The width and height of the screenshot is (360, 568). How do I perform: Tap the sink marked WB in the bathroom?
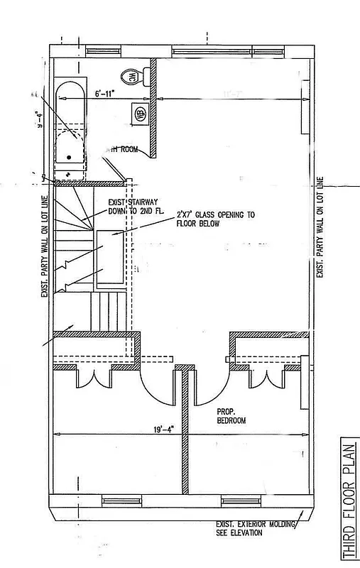141,113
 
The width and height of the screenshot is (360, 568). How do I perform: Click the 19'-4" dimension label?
159,428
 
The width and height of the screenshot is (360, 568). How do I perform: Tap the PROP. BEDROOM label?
231,416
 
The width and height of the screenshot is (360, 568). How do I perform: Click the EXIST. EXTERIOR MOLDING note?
254,528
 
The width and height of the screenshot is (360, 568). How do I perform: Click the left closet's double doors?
92,378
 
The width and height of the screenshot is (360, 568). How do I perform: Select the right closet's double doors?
267,378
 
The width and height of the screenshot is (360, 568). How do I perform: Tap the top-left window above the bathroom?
99,52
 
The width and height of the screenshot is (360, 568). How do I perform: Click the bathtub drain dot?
69,157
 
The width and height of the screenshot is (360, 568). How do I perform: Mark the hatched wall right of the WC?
152,106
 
